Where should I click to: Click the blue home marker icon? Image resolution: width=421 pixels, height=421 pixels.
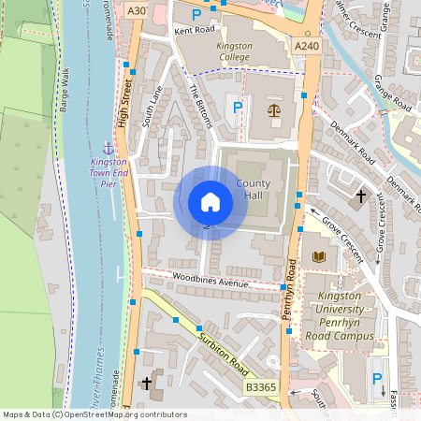pyautogui.click(x=210, y=201)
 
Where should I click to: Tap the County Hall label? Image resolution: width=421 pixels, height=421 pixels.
pyautogui.click(x=254, y=190)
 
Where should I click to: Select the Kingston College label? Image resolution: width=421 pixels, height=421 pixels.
pyautogui.click(x=235, y=51)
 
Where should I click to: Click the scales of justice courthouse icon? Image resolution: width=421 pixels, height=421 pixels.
pyautogui.click(x=274, y=109)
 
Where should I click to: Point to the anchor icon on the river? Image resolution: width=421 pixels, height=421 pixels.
pyautogui.click(x=108, y=149)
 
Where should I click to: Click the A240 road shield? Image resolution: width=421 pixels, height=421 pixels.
pyautogui.click(x=305, y=45)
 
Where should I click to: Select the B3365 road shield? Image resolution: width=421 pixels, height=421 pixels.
pyautogui.click(x=261, y=386)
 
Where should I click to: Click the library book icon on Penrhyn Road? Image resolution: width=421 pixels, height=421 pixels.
pyautogui.click(x=318, y=255)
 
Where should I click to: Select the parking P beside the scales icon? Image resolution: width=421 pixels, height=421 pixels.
pyautogui.click(x=238, y=109)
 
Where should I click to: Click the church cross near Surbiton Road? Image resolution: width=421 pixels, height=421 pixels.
pyautogui.click(x=146, y=383)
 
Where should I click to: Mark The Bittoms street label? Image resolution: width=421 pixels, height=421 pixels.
pyautogui.click(x=201, y=106)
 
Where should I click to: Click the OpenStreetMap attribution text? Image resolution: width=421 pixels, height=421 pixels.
pyautogui.click(x=94, y=414)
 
